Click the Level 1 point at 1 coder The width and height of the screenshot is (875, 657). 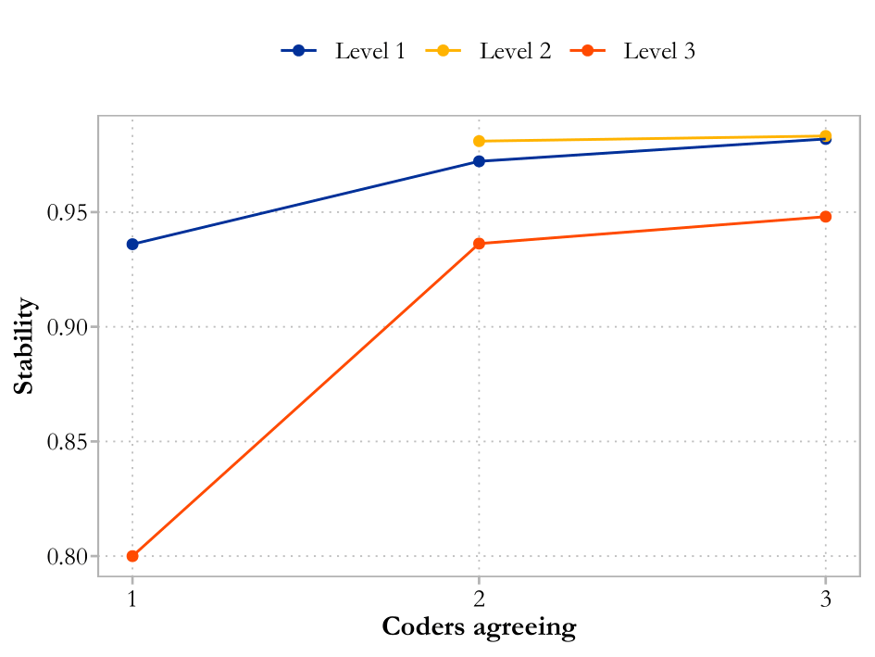click(132, 245)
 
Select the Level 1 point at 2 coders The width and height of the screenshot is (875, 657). click(479, 161)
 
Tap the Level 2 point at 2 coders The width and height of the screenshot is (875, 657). click(479, 141)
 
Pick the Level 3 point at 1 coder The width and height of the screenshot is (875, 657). click(132, 556)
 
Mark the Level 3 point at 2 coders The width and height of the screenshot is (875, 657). click(479, 244)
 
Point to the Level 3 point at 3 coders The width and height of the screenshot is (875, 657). click(825, 217)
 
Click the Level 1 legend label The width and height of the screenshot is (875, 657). click(369, 51)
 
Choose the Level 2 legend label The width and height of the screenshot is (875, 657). click(515, 51)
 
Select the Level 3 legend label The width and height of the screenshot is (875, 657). click(659, 51)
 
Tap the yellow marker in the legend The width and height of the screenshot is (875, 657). click(444, 51)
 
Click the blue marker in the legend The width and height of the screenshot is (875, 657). click(299, 51)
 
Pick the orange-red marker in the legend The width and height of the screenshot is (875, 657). click(587, 51)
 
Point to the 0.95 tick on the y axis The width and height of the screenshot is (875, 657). click(71, 213)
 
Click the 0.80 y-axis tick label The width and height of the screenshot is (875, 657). click(71, 557)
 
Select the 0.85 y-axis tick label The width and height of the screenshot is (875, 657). click(71, 442)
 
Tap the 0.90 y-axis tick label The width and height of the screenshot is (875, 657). click(71, 327)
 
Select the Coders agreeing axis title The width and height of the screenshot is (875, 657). click(479, 627)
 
